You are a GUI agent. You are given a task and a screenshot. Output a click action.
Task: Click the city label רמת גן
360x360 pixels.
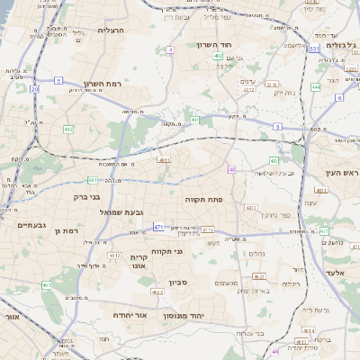67,231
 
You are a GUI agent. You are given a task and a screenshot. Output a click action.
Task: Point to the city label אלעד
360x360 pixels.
336,272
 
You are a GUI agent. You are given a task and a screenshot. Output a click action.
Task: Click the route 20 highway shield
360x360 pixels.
34,89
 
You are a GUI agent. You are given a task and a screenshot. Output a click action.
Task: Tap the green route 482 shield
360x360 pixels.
68,130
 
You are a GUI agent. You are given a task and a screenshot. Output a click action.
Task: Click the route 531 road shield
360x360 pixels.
313,49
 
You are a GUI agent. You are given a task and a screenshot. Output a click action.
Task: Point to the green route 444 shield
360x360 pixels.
316,86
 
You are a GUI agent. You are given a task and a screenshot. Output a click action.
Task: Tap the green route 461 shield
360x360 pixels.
46,284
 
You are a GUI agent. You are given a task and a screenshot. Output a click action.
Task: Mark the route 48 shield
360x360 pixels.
275,352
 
